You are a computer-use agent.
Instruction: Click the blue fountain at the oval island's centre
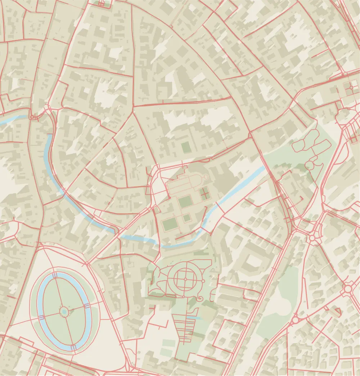coord(64,311)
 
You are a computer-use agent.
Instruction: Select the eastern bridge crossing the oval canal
coord(87,306)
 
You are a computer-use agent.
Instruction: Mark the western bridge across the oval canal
coord(41,317)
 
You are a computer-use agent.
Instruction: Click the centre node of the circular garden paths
coord(185,279)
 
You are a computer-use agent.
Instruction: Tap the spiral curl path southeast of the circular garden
coord(199,299)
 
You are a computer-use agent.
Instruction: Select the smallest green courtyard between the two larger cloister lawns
coord(186,218)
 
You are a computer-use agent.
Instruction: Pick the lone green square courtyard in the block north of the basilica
coord(186,147)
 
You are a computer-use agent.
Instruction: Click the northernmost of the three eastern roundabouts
coord(312,238)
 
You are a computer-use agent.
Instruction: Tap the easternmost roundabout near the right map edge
coord(348,288)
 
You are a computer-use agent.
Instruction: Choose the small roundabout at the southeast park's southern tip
coord(295,320)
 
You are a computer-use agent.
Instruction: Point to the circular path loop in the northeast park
coord(309,165)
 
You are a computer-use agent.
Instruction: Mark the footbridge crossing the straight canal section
coord(217,205)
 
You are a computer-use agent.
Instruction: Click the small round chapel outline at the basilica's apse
coord(206,177)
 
